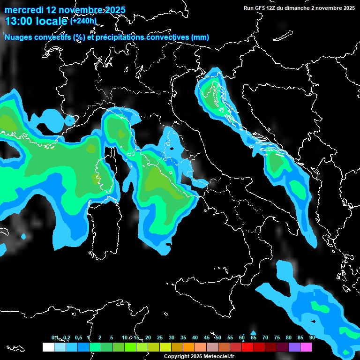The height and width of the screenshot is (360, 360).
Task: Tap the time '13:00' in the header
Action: click(19, 21)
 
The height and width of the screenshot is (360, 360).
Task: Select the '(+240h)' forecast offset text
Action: click(83, 21)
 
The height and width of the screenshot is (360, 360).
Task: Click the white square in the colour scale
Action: click(48, 347)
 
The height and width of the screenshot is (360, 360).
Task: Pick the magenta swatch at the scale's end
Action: click(306, 347)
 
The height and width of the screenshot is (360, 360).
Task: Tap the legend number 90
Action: click(312, 337)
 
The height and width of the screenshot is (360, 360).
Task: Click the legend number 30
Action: click(172, 337)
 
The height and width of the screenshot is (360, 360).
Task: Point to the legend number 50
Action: click(218, 337)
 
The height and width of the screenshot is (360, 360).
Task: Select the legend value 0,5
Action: click(78, 337)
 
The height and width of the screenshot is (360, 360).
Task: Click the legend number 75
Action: click(277, 337)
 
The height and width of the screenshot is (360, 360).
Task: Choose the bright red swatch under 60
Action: click(247, 347)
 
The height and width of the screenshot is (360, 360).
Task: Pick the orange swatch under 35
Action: click(189, 347)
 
